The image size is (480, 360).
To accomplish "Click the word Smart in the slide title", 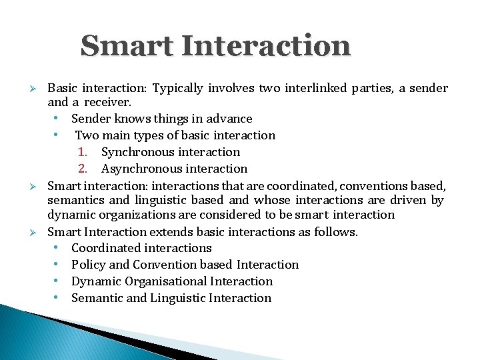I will click(x=126, y=46).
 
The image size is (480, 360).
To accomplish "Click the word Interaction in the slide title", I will click(x=265, y=46).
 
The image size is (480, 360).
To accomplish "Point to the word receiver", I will click(x=107, y=103).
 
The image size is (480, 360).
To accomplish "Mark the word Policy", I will click(x=88, y=265).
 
